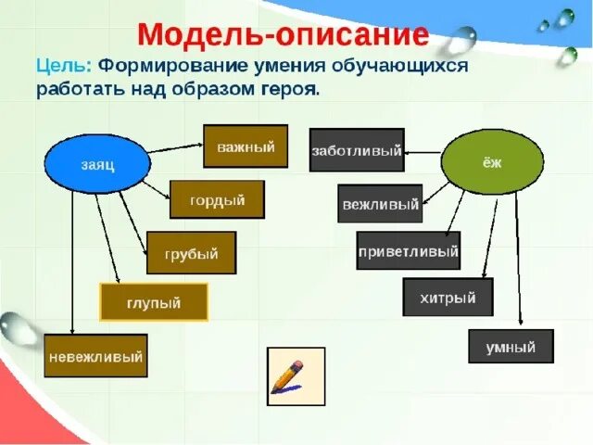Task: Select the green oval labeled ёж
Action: tap(491, 163)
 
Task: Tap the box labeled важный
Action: tap(246, 146)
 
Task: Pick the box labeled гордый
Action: tap(217, 199)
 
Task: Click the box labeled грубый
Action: tap(191, 253)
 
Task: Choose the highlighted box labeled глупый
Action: tap(153, 302)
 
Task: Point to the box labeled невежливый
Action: tap(95, 355)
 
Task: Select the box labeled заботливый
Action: tap(357, 150)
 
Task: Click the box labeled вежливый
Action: tap(380, 204)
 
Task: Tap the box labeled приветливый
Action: tap(408, 250)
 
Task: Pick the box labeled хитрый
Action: tap(448, 298)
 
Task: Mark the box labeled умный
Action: tap(511, 347)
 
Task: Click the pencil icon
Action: tap(295, 376)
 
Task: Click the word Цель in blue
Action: tap(63, 67)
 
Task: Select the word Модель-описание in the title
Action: tap(283, 34)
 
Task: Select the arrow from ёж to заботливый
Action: tap(423, 151)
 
